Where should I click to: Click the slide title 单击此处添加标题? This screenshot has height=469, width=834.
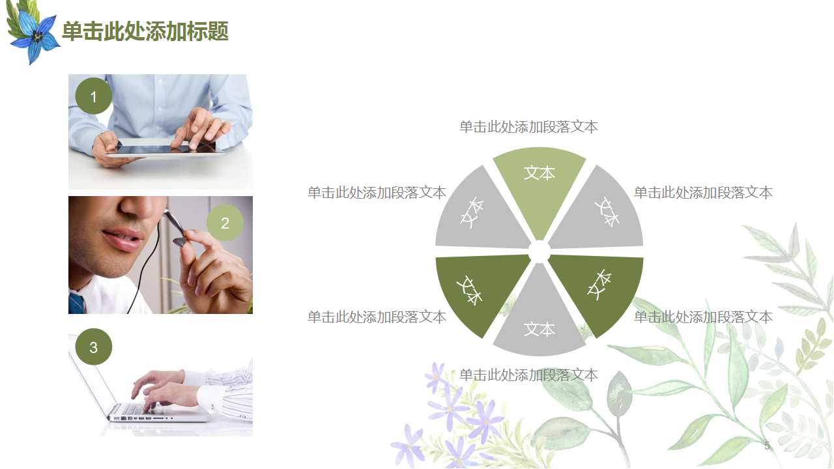click(x=145, y=31)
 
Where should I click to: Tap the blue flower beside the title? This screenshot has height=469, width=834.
click(x=35, y=37)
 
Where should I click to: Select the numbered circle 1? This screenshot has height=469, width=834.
click(x=94, y=97)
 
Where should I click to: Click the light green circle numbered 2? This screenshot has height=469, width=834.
click(x=225, y=223)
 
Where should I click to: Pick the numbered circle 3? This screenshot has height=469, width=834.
click(x=94, y=347)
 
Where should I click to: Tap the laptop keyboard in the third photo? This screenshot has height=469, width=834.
click(x=140, y=408)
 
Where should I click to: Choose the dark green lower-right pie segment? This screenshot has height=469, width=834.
click(x=599, y=290)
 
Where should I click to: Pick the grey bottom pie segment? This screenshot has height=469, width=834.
click(x=539, y=322)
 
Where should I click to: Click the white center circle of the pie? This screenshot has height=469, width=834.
click(x=539, y=251)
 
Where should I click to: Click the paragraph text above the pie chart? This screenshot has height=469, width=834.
click(x=528, y=127)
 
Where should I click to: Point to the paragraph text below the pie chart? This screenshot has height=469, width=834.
click(x=528, y=375)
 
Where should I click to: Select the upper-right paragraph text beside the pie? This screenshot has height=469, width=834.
click(x=703, y=193)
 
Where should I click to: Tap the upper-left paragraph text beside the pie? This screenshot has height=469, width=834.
click(x=377, y=193)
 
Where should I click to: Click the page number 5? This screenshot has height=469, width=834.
click(x=767, y=446)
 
